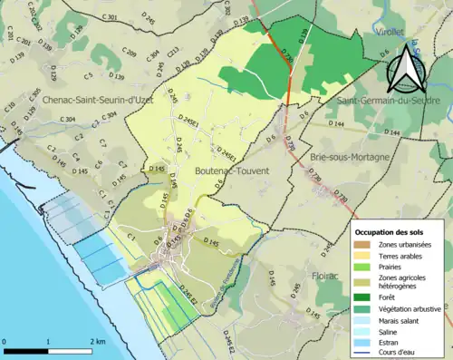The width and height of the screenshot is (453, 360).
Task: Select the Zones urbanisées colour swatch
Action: [x=366, y=245]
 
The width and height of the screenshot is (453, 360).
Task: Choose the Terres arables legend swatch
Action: [x=366, y=258]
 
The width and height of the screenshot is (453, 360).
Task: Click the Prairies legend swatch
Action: [x=366, y=269]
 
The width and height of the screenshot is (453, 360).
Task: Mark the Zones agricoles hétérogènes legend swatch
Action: [x=366, y=282]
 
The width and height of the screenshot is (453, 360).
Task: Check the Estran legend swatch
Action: [x=366, y=345]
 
